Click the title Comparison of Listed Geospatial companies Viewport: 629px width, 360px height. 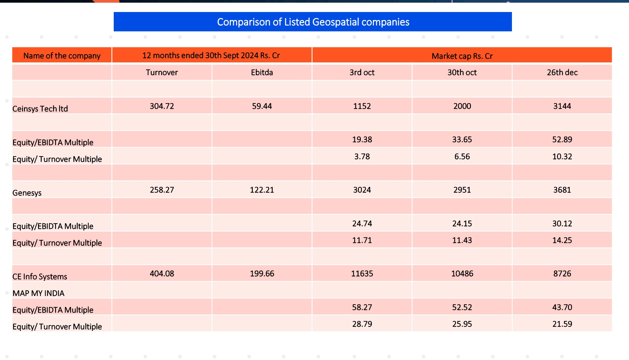pyautogui.click(x=313, y=22)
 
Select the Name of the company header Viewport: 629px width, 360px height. pyautogui.click(x=62, y=56)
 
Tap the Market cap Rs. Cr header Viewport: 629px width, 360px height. pyautogui.click(x=462, y=56)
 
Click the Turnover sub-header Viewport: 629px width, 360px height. pyautogui.click(x=162, y=72)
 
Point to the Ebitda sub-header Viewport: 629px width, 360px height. pyautogui.click(x=262, y=72)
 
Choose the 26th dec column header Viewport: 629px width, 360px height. pyautogui.click(x=562, y=72)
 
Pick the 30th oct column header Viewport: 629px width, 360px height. pyautogui.click(x=462, y=72)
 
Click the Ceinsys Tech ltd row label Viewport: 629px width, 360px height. pyautogui.click(x=40, y=109)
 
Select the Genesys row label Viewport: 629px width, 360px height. pyautogui.click(x=27, y=193)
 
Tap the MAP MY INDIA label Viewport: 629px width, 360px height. pyautogui.click(x=38, y=293)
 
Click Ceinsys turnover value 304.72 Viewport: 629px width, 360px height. pyautogui.click(x=162, y=106)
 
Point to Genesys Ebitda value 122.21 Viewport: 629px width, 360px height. pyautogui.click(x=262, y=190)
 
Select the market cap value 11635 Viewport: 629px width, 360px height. pyautogui.click(x=362, y=274)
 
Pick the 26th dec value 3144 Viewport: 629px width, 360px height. pyautogui.click(x=562, y=106)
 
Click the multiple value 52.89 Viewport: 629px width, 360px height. pyautogui.click(x=562, y=139)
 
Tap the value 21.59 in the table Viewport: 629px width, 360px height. pyautogui.click(x=562, y=324)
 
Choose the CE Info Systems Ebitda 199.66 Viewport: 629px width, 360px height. pyautogui.click(x=262, y=274)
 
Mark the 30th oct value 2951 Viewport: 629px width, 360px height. pyautogui.click(x=462, y=190)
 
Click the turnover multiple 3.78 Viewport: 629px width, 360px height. pyautogui.click(x=362, y=156)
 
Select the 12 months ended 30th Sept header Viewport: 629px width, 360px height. pyautogui.click(x=211, y=55)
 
